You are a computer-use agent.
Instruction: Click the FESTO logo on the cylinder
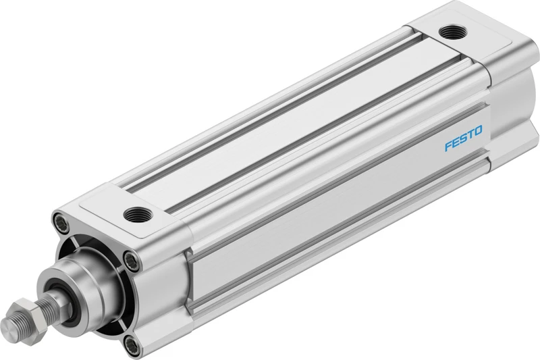(464, 138)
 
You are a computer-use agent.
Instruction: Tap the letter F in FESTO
(448, 146)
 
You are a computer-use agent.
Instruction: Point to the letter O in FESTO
(479, 130)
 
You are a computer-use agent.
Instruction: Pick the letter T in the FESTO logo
(470, 134)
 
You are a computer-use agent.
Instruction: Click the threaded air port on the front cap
(138, 215)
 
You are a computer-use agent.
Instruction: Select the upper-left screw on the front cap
(61, 220)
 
